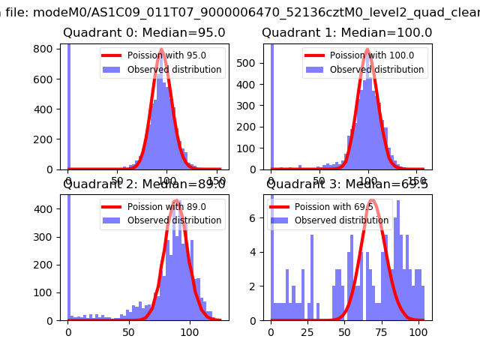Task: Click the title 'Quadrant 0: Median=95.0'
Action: coord(143,33)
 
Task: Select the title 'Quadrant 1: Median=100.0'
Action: coord(346,33)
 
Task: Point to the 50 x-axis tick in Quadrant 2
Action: coord(129,331)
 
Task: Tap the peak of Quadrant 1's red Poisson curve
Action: coord(368,49)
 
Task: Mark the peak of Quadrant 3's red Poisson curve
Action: coord(372,200)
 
